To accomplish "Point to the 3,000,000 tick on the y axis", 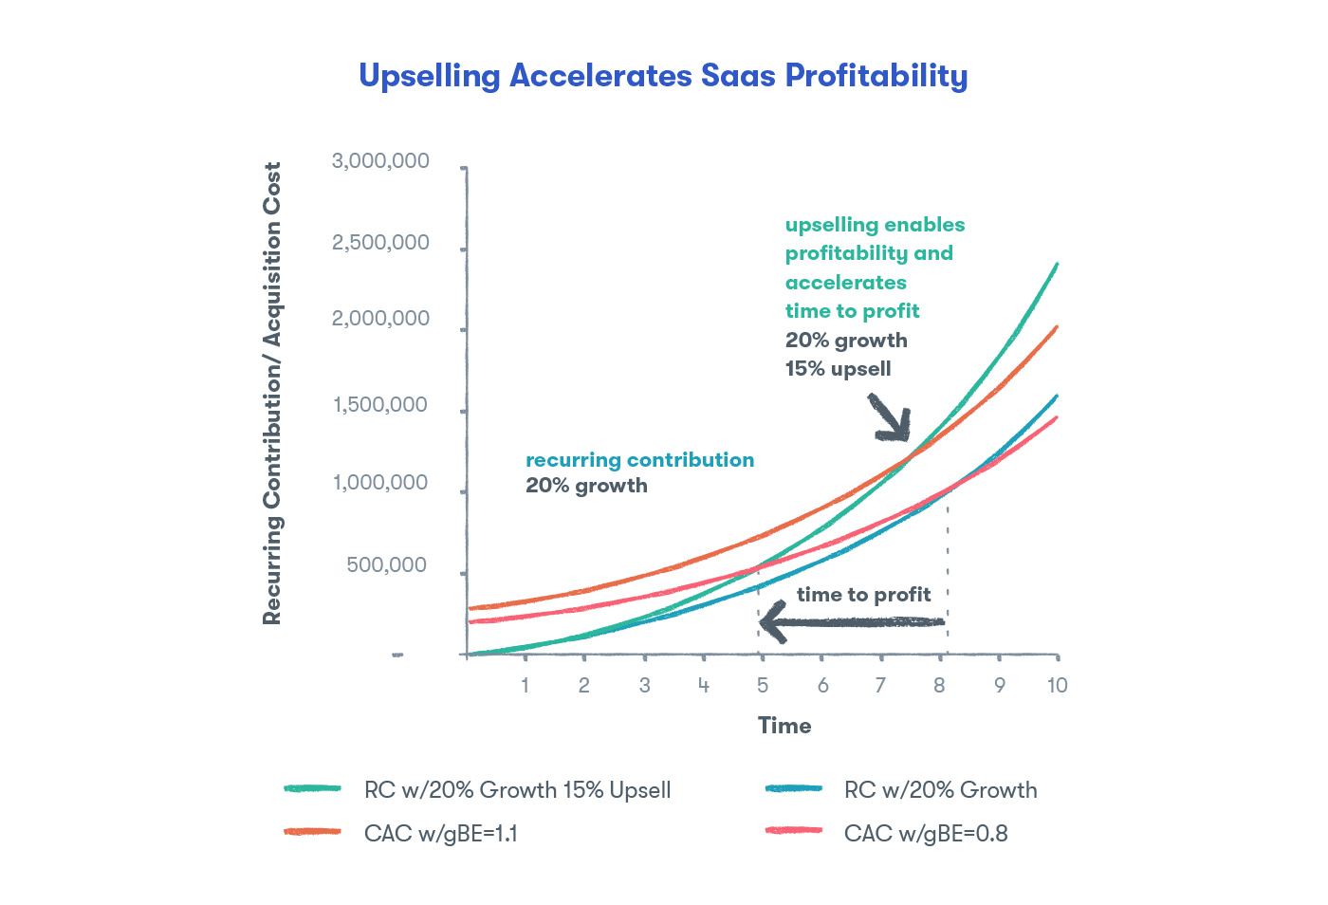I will (380, 161).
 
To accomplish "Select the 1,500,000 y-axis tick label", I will (380, 406).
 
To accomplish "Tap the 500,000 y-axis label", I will (387, 565).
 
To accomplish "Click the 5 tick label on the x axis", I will (763, 685).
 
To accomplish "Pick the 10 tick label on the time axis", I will (1057, 685).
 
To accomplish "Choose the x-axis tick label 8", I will (939, 685).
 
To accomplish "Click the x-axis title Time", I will (784, 726).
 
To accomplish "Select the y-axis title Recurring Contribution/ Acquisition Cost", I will (272, 393).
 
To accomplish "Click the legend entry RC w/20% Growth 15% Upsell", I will (517, 790).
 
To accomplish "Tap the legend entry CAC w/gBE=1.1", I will (440, 834).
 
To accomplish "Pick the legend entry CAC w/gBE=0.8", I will (925, 834).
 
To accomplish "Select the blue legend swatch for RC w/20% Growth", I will (793, 788).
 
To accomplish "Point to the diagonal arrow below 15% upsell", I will (891, 418).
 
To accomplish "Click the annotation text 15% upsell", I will (838, 369).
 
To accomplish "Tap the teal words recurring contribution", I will (639, 460).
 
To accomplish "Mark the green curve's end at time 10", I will (1056, 265).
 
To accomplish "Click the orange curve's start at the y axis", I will (471, 608).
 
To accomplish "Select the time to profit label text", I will (863, 595).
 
